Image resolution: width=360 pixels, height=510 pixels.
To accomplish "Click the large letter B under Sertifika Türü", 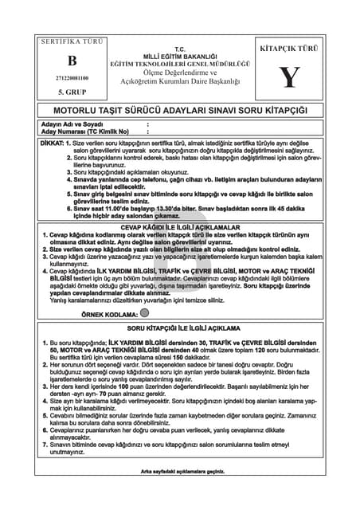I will [x=73, y=60].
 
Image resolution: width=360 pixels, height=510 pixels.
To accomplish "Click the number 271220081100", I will [x=73, y=78].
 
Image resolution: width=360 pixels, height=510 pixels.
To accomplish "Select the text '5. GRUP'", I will [x=72, y=92].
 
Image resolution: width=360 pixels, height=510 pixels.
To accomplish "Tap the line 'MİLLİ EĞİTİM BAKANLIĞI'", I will [x=179, y=56].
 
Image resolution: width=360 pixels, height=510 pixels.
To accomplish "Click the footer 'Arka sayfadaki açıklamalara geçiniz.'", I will [x=180, y=471].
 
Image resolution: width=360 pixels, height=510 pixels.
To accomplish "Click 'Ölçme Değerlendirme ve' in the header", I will [x=179, y=73].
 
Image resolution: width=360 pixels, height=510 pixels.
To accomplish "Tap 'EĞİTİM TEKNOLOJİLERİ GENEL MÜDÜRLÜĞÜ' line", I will [x=179, y=63].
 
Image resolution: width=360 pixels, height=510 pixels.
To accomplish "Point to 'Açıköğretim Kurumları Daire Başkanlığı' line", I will [x=179, y=82].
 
